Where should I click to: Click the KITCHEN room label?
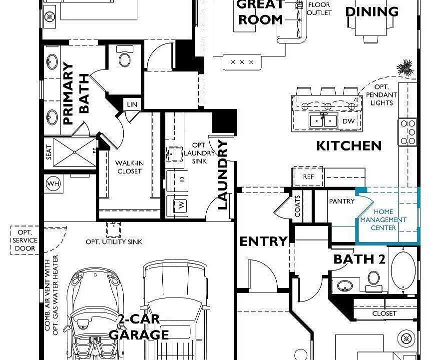349,145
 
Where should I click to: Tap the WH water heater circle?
53,183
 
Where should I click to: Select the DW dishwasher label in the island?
348,121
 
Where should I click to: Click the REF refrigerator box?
308,177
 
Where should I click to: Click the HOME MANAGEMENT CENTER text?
383,220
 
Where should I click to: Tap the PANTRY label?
342,201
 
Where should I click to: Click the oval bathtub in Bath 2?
403,270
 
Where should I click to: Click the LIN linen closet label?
132,104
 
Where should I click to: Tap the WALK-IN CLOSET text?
129,167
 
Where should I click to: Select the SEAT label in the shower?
49,152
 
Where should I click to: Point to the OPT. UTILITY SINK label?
113,242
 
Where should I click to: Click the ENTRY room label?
264,241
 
